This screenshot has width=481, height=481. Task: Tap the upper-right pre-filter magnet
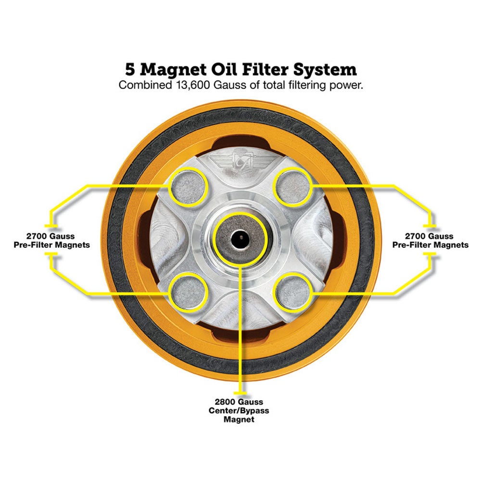pos(292,186)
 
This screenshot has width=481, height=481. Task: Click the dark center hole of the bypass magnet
pos(239,239)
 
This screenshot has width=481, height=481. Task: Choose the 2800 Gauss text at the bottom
pos(240,402)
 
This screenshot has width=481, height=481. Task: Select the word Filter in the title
pos(266,69)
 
